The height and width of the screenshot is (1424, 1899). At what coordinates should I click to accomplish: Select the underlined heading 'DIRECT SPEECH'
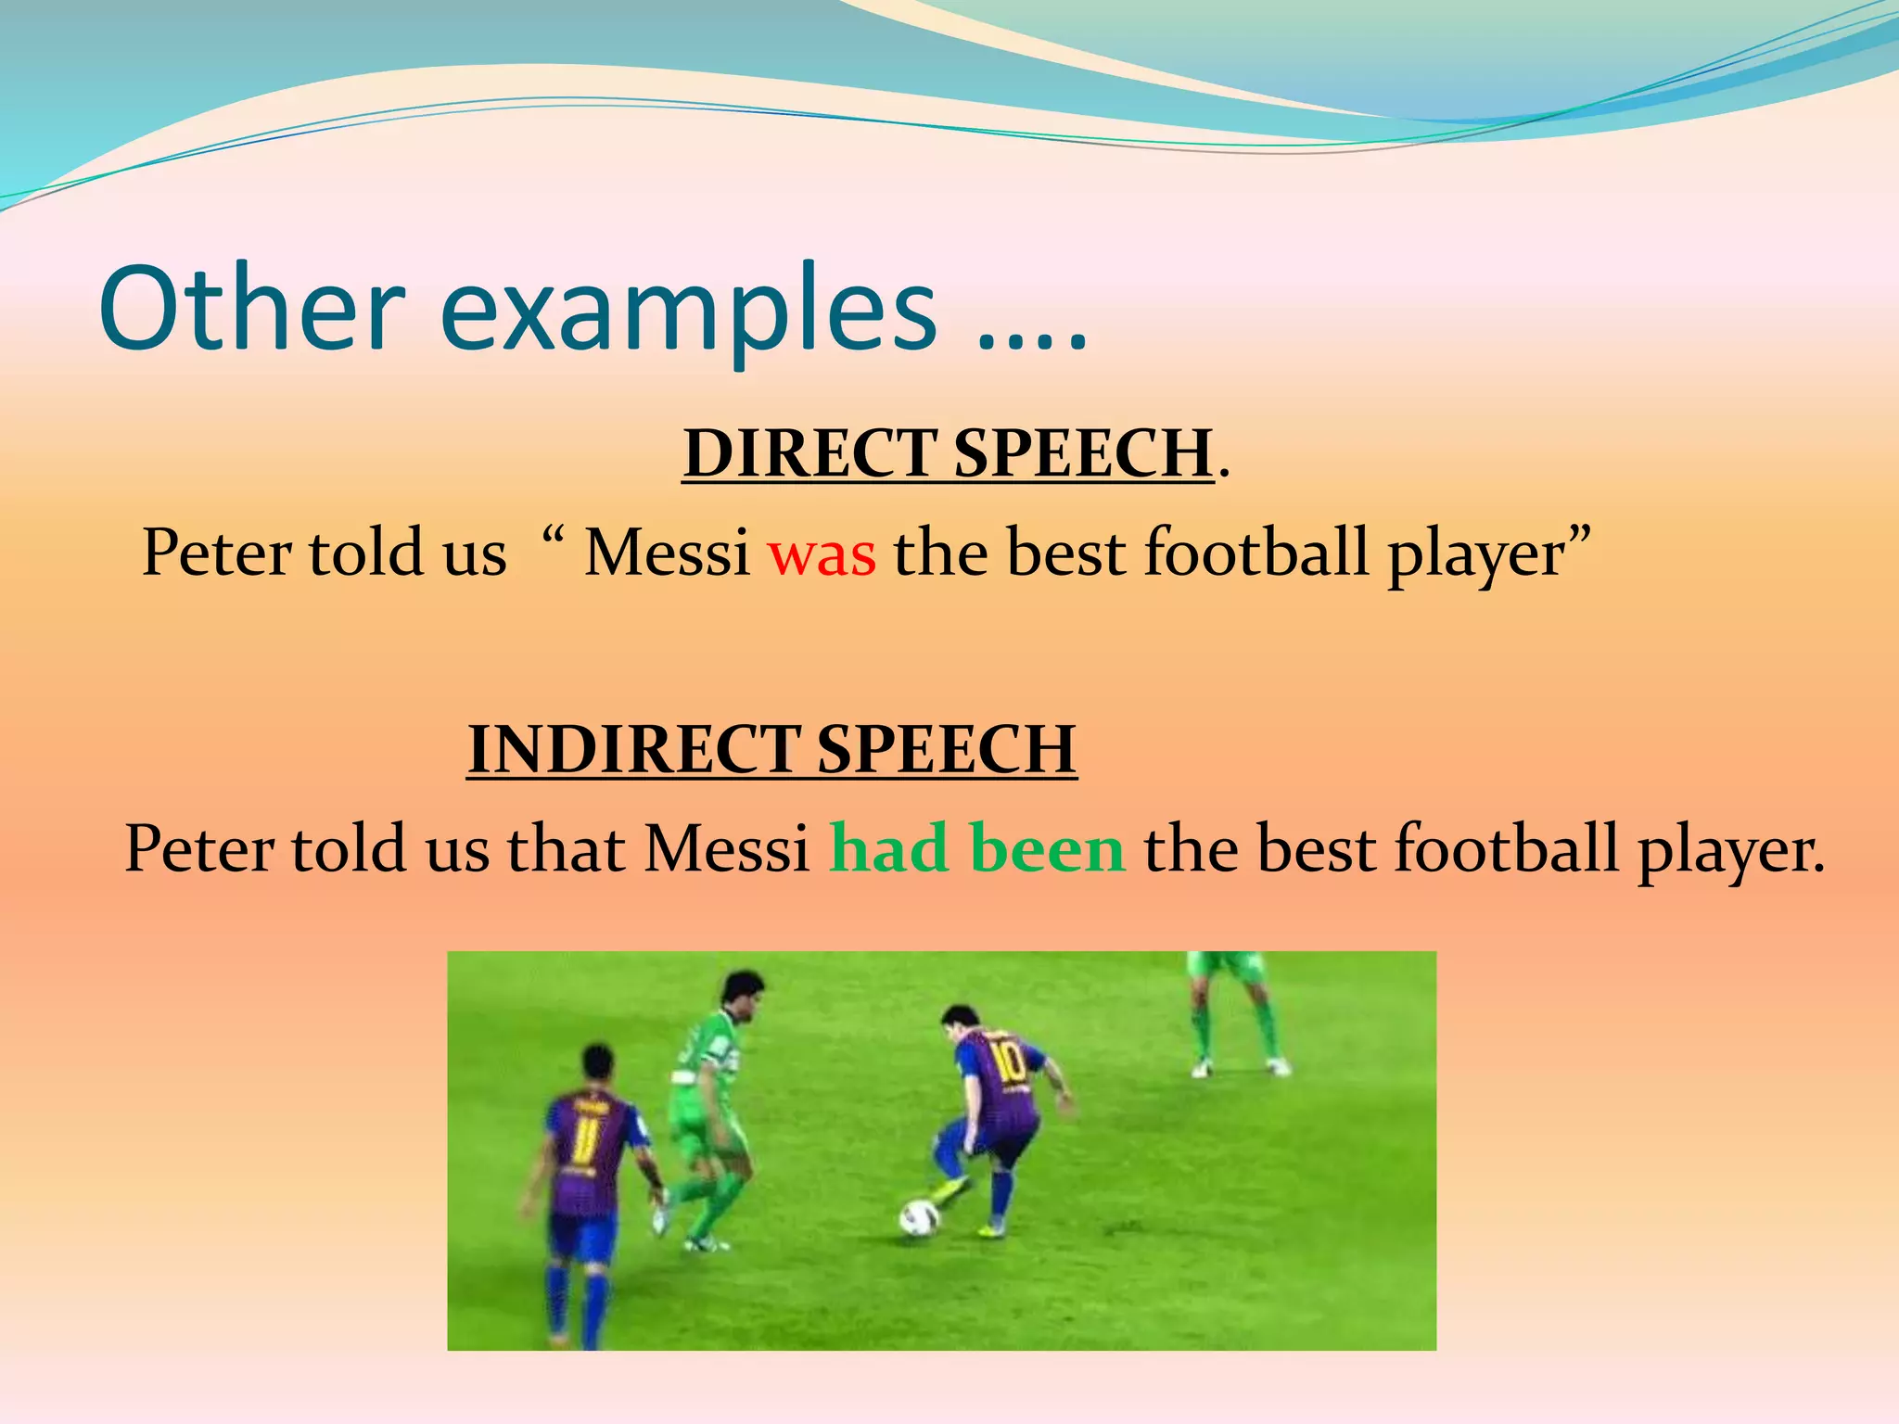(948, 453)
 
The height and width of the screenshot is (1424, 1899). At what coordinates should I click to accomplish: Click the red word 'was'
(822, 554)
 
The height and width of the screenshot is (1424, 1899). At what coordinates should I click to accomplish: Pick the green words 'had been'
(977, 848)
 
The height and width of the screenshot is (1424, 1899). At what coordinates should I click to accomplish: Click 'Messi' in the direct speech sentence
(667, 553)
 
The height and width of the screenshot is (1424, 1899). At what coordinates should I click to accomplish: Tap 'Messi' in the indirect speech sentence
(727, 849)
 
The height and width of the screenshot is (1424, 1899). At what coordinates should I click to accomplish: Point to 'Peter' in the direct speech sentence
(217, 553)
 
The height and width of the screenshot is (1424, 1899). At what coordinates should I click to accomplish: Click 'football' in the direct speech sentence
(1256, 553)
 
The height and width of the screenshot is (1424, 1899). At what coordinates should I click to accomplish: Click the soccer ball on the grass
(919, 1217)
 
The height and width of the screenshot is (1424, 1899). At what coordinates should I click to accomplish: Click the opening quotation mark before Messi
(554, 536)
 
